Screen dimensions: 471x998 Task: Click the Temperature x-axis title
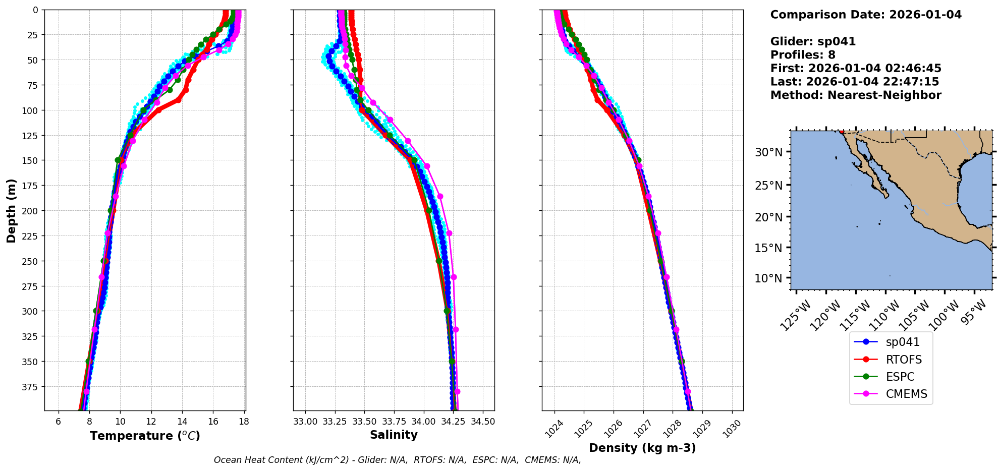pyautogui.click(x=145, y=436)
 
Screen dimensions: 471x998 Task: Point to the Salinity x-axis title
pyautogui.click(x=394, y=435)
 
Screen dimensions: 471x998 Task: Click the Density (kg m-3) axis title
pyautogui.click(x=642, y=448)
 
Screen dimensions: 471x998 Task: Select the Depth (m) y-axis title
pyautogui.click(x=11, y=210)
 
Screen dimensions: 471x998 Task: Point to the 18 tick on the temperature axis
pyautogui.click(x=244, y=422)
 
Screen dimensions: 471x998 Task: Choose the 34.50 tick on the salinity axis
pyautogui.click(x=483, y=422)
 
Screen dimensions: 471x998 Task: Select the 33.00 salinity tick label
pyautogui.click(x=305, y=422)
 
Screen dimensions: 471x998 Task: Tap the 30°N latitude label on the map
pyautogui.click(x=768, y=152)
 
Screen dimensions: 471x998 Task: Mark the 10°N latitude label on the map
pyautogui.click(x=768, y=278)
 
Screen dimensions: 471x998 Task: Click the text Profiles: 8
pyautogui.click(x=803, y=55)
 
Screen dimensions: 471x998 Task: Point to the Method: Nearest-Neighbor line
pyautogui.click(x=856, y=95)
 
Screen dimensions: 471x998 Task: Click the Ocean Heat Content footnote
pyautogui.click(x=397, y=460)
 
